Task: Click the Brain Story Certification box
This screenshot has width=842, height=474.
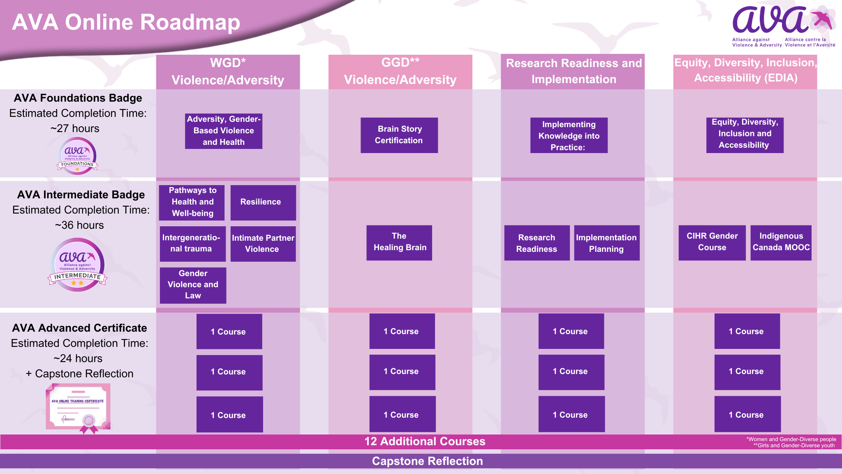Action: point(399,135)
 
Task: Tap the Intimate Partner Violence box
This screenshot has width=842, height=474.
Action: point(263,244)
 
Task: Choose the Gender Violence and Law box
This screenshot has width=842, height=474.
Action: point(193,285)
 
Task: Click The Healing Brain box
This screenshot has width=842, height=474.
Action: point(399,242)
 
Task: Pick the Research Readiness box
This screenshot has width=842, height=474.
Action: point(537,243)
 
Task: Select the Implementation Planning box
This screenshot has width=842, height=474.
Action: point(606,243)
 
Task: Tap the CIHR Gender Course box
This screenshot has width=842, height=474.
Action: point(712,242)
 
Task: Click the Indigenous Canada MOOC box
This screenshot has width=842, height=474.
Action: point(781,242)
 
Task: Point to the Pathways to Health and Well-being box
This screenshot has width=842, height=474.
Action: point(192,202)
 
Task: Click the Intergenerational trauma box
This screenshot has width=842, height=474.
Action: point(192,244)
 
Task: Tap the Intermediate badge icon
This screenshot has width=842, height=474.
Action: point(77,265)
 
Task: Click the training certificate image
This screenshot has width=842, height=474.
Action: point(78,407)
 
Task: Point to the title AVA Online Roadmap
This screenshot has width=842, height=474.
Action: point(126,22)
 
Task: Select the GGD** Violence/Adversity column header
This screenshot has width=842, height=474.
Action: point(400,71)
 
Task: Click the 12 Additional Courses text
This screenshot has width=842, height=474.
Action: point(425,441)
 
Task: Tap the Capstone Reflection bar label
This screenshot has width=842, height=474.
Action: point(427,461)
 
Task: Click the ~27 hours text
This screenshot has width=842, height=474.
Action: point(75,128)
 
